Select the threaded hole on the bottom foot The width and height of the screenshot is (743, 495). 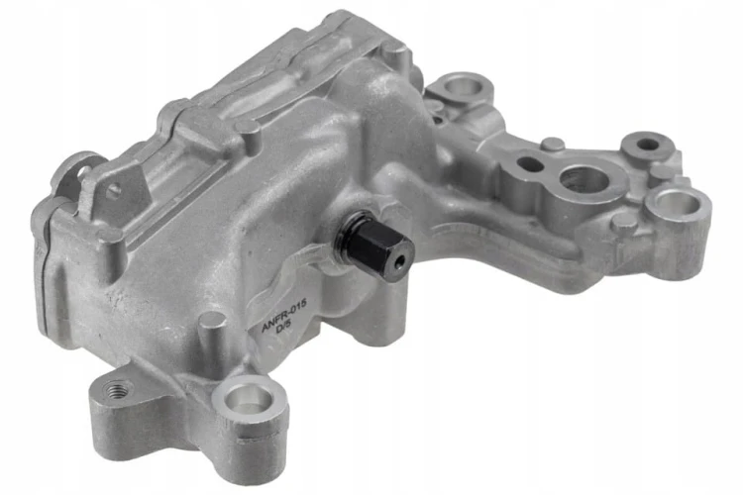116,390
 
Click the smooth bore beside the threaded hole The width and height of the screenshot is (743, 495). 247,398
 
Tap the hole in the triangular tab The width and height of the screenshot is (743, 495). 113,191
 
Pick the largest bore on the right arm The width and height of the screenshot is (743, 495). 584,180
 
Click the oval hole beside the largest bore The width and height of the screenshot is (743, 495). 530,164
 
